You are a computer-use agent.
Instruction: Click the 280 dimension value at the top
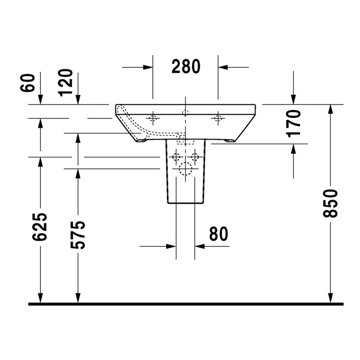[x=186, y=66]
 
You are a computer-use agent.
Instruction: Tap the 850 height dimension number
[x=330, y=203]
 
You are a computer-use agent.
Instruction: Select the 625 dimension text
[x=40, y=227]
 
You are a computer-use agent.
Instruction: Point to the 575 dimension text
[x=78, y=234]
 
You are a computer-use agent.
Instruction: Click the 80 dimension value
[x=218, y=234]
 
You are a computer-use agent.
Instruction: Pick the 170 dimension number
[x=294, y=123]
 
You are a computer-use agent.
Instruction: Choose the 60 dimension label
[x=28, y=83]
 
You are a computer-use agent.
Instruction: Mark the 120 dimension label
[x=66, y=83]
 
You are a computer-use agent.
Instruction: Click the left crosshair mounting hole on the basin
[x=153, y=118]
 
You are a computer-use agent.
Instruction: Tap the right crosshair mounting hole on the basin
[x=218, y=118]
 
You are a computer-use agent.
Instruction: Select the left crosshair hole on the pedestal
[x=176, y=157]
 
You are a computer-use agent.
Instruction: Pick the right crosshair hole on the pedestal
[x=194, y=157]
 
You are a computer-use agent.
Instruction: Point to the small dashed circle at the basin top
[x=185, y=112]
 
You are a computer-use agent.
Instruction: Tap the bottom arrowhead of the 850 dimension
[x=330, y=299]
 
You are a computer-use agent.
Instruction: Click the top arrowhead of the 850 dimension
[x=330, y=109]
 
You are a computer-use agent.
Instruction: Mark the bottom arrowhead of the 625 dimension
[x=40, y=299]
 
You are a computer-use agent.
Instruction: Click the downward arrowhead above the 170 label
[x=294, y=99]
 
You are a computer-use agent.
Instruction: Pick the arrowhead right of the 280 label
[x=223, y=67]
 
